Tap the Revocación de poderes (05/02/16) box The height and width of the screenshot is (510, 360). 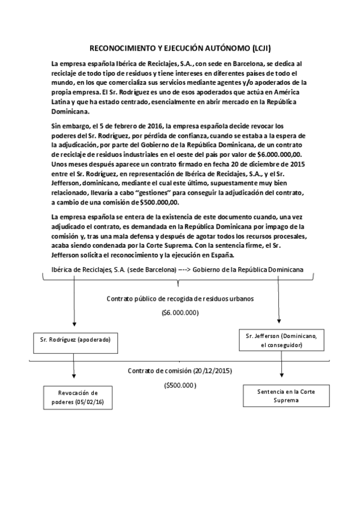click(78, 397)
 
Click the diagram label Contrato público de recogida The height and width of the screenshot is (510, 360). click(180, 298)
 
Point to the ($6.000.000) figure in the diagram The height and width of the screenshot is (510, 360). click(180, 313)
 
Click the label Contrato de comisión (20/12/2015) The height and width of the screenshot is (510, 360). click(180, 370)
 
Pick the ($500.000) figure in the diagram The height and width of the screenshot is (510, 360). click(180, 385)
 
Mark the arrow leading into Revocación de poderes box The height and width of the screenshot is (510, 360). click(74, 372)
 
